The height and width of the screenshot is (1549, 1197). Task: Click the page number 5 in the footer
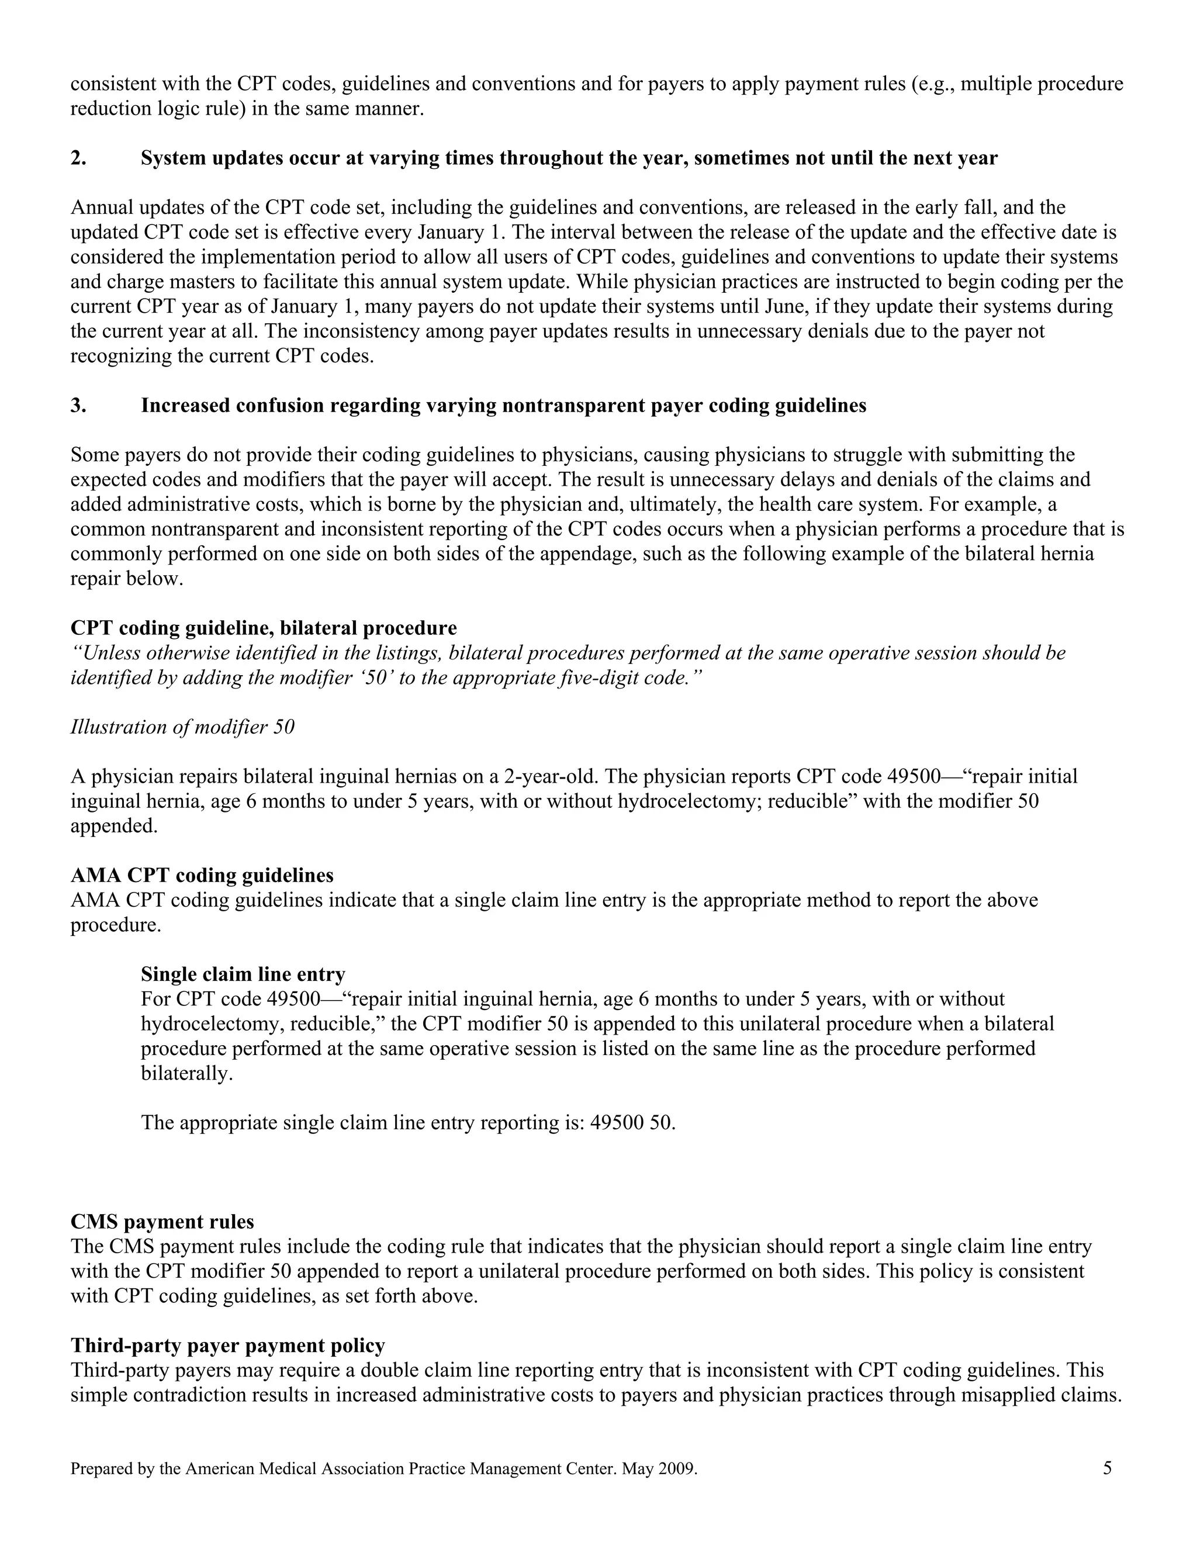1107,1468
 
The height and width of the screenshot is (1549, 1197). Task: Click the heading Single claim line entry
243,974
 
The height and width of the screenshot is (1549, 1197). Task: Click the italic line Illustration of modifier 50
182,727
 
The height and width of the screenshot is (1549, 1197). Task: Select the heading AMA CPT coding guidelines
202,875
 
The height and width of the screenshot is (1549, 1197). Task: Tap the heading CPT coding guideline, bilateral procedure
264,628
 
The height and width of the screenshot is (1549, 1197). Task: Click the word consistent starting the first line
113,84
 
